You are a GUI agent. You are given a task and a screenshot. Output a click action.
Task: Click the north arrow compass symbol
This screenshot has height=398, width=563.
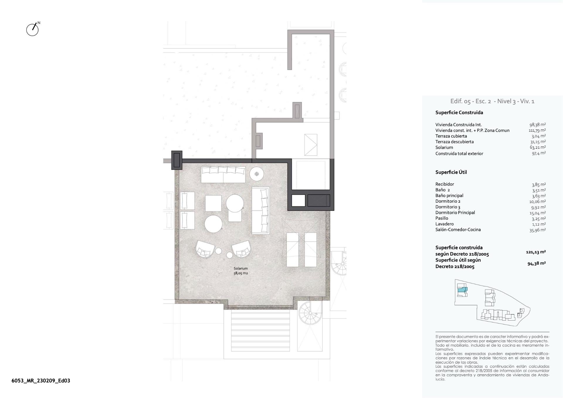33,29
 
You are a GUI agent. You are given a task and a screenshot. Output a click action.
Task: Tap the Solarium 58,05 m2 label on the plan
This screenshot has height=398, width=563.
240,271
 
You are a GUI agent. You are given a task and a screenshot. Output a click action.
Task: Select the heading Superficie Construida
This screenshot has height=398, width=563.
459,113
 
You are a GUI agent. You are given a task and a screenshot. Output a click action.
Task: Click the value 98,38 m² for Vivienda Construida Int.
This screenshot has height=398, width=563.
537,125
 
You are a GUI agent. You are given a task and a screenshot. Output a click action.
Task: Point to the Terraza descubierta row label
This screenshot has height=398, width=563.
454,142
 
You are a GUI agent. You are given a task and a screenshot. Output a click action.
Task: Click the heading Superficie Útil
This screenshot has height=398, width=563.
451,172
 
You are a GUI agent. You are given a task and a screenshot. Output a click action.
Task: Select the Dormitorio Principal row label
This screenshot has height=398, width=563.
455,213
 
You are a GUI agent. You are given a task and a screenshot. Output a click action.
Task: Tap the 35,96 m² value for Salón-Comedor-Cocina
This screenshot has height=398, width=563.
537,230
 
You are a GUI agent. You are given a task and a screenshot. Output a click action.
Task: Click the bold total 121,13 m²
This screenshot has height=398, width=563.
535,252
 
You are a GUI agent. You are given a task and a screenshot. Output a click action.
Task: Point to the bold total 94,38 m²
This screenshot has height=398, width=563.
536,263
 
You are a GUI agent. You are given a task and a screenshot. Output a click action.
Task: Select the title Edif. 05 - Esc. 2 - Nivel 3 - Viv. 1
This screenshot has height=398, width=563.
492,101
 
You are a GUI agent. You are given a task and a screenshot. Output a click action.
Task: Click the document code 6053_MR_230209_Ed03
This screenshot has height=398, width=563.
41,381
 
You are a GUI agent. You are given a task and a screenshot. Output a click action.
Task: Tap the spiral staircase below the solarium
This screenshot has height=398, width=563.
310,313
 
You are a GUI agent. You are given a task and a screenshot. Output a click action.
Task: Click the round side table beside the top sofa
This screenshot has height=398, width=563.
257,174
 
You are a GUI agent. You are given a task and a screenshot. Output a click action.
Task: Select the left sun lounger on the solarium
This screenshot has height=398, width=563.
292,250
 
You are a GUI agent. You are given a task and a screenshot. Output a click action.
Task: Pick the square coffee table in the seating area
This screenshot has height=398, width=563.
213,203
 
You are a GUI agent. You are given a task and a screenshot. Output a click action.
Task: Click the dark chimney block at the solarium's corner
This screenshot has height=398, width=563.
177,160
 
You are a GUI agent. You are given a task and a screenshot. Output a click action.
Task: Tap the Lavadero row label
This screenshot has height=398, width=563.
444,224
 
